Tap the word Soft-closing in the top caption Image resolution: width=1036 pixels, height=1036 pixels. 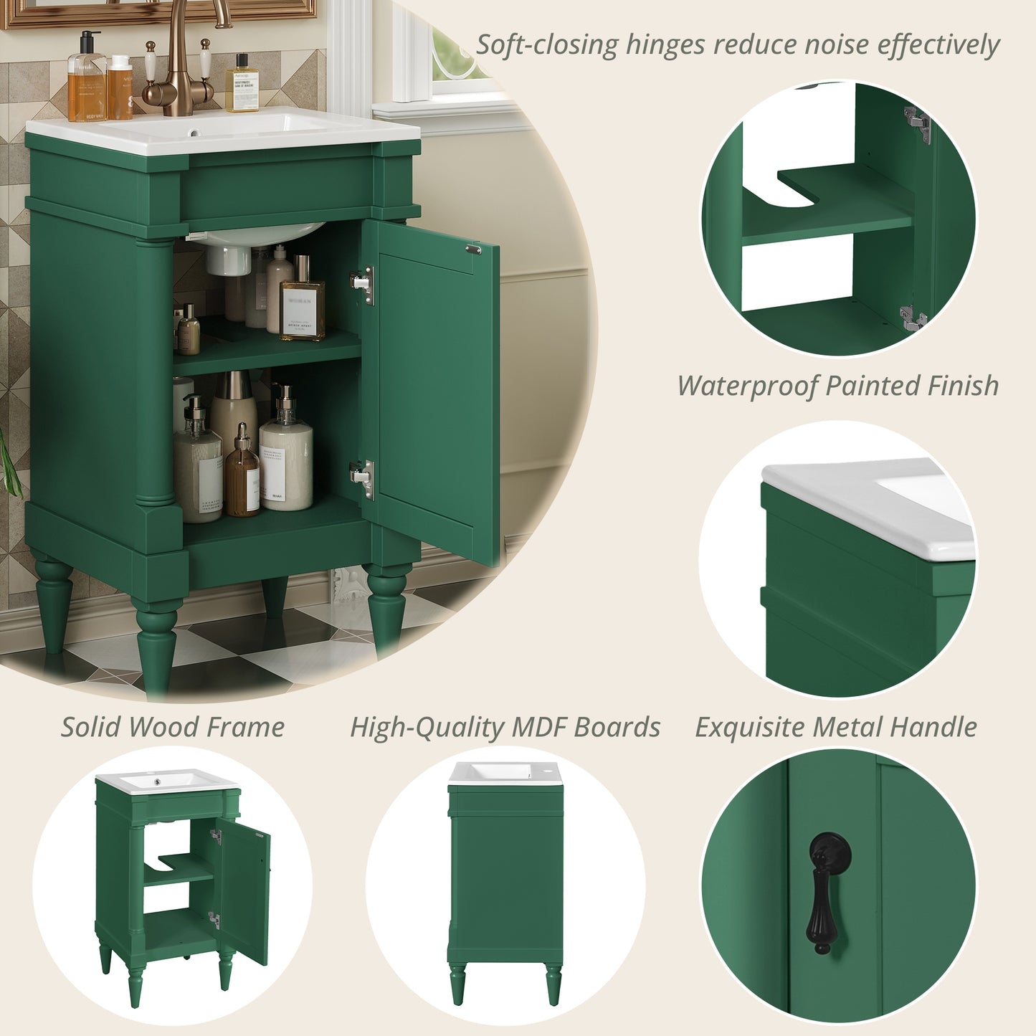click(547, 45)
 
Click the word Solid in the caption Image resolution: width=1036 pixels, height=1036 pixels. click(90, 728)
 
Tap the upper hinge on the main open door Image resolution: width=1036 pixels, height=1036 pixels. click(363, 285)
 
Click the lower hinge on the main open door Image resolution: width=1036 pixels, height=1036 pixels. click(363, 478)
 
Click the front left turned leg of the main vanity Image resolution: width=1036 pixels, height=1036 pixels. click(156, 645)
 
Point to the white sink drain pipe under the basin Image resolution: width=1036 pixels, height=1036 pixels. click(228, 260)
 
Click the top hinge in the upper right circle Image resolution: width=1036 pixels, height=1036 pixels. click(918, 124)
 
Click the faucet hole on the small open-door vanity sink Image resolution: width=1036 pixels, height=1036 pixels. click(156, 774)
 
